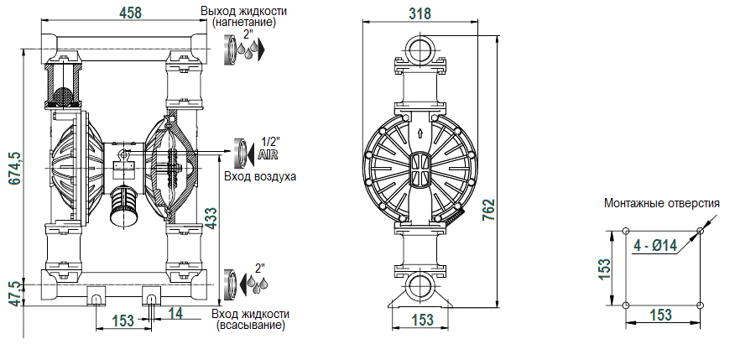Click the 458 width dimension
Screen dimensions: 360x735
click(130, 12)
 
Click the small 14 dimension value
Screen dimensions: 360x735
click(175, 313)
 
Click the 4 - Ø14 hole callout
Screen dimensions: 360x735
click(655, 246)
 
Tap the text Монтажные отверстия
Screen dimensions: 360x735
click(661, 203)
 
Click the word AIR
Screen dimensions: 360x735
click(268, 154)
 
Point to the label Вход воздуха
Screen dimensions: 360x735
click(260, 177)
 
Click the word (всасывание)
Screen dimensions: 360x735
click(250, 324)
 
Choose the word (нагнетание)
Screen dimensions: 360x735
click(244, 23)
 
